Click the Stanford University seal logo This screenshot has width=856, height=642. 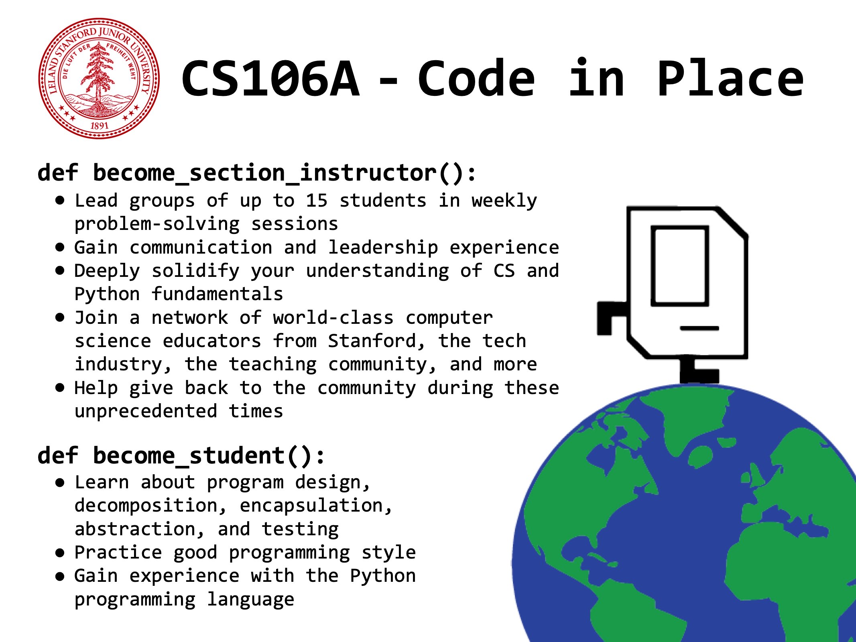[x=99, y=78]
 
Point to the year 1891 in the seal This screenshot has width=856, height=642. [x=99, y=126]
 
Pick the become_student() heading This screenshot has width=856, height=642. [x=181, y=456]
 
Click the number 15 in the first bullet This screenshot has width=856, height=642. [x=317, y=201]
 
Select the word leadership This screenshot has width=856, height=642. [x=383, y=247]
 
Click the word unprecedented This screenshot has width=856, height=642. [x=146, y=411]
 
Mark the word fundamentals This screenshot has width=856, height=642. [x=217, y=294]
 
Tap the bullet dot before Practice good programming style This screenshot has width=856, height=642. [x=60, y=553]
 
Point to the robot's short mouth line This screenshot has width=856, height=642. [x=699, y=328]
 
